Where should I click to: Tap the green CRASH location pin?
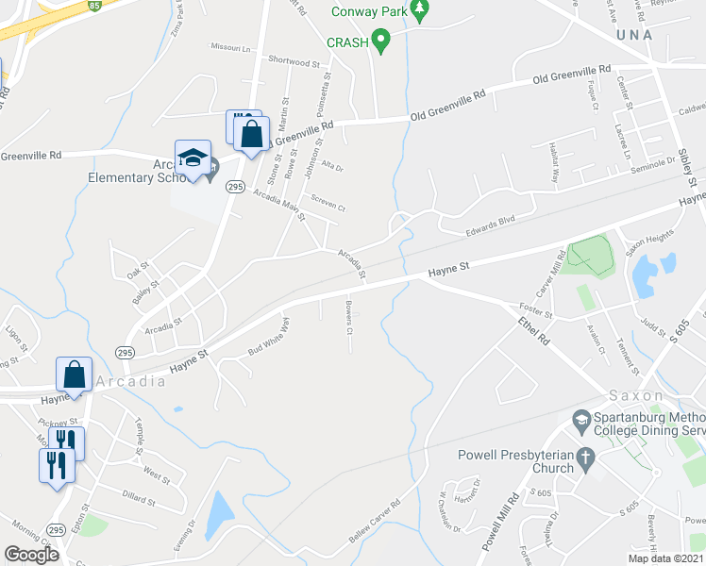pos(381,41)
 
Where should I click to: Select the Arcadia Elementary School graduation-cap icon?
pos(192,158)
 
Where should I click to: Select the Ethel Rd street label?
pos(533,335)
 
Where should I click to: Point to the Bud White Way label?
pos(268,338)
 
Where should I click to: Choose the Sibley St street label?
pos(687,167)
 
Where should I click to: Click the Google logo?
pos(31,554)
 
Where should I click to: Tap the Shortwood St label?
pos(294,62)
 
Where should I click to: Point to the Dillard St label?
pos(138,494)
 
